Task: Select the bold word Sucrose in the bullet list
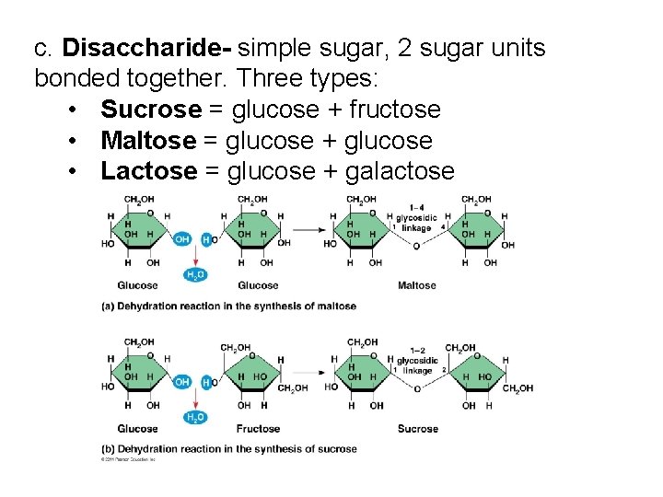151,110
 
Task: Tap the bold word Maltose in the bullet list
148,141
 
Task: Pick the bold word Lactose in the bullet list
148,171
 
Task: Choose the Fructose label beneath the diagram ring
258,428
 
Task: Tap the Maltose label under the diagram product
416,285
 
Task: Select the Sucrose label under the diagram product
417,428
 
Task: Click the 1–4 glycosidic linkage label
417,218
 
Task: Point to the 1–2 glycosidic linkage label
417,361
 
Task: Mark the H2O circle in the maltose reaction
195,274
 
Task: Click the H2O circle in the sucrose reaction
195,417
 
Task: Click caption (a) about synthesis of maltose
228,306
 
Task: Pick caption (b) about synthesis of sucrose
228,449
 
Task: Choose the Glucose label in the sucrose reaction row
137,428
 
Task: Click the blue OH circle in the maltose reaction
181,239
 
